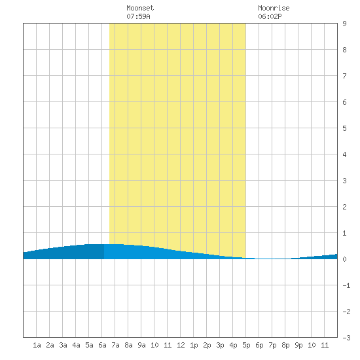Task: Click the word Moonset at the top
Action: pos(140,8)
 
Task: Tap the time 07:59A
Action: pos(138,16)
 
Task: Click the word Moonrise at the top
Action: pos(274,8)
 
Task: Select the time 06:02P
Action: pos(270,16)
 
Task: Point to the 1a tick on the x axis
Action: pos(37,345)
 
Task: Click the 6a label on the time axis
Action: pos(102,345)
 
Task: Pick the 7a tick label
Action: pos(115,345)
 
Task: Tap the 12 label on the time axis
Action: pos(181,345)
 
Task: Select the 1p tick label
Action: pos(194,345)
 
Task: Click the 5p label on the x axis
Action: pos(246,345)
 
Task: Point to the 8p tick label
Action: pos(285,345)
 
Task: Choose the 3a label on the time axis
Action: pos(63,345)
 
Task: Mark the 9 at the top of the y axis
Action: pos(344,24)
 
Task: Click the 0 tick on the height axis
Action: pos(344,259)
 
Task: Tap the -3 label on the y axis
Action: pos(346,338)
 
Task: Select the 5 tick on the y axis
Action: pos(344,128)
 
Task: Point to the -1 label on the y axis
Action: pos(346,285)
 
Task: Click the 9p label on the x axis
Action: pos(298,345)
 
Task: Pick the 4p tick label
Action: pos(233,345)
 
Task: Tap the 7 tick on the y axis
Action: pos(344,76)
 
